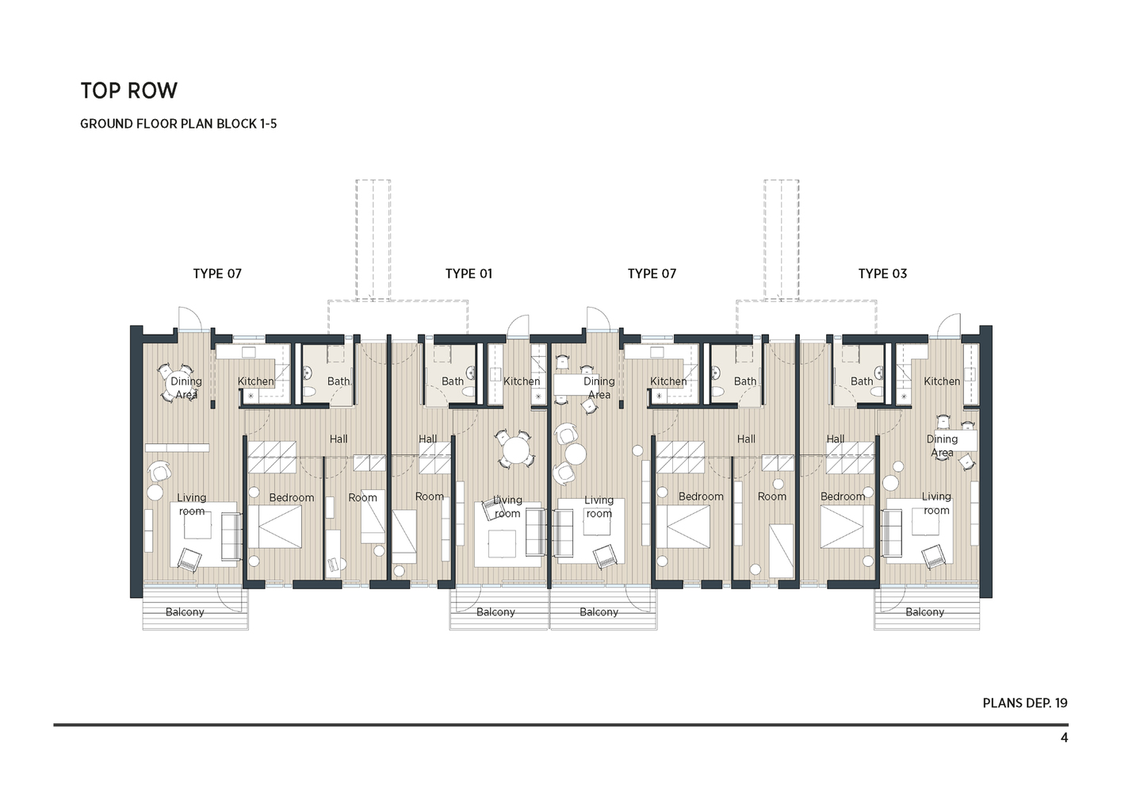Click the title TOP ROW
tap(128, 90)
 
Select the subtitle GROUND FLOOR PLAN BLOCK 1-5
tap(178, 124)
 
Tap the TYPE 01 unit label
tap(469, 274)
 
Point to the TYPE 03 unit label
tap(882, 274)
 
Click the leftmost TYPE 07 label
tap(217, 274)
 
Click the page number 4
tap(1064, 737)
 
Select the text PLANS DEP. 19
tap(1024, 703)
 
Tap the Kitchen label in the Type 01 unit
tap(522, 381)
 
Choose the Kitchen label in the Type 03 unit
tap(942, 381)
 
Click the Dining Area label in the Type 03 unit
tap(942, 446)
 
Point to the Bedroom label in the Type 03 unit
tap(843, 496)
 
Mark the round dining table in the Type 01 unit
tap(515, 451)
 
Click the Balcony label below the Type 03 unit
tap(924, 612)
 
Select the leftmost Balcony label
tap(185, 612)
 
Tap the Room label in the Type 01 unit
tap(430, 496)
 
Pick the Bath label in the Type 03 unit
tap(862, 381)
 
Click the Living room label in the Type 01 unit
tap(507, 507)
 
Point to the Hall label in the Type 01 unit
tap(427, 439)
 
